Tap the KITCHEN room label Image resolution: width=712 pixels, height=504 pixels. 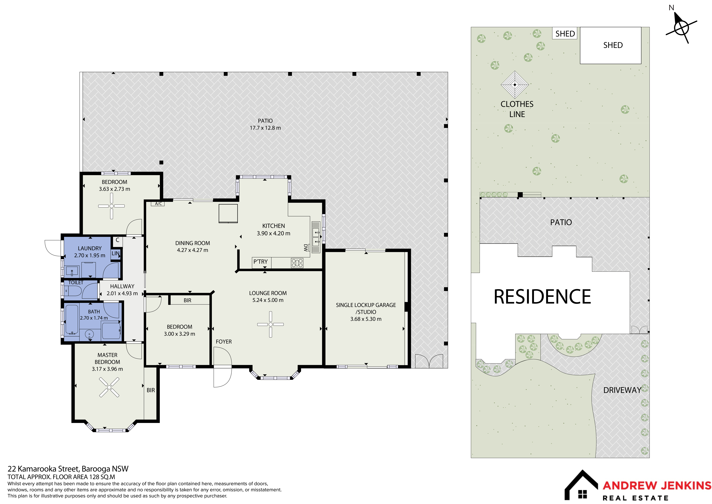(274, 226)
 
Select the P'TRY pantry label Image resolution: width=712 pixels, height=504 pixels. (260, 262)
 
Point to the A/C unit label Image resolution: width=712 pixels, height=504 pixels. (158, 204)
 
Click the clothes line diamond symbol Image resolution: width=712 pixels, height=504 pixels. (515, 84)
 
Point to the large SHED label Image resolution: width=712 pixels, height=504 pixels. (613, 45)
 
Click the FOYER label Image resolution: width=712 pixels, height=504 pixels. (224, 342)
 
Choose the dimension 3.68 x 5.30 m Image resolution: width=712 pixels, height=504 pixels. (366, 319)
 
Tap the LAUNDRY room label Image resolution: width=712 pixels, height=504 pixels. (90, 248)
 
